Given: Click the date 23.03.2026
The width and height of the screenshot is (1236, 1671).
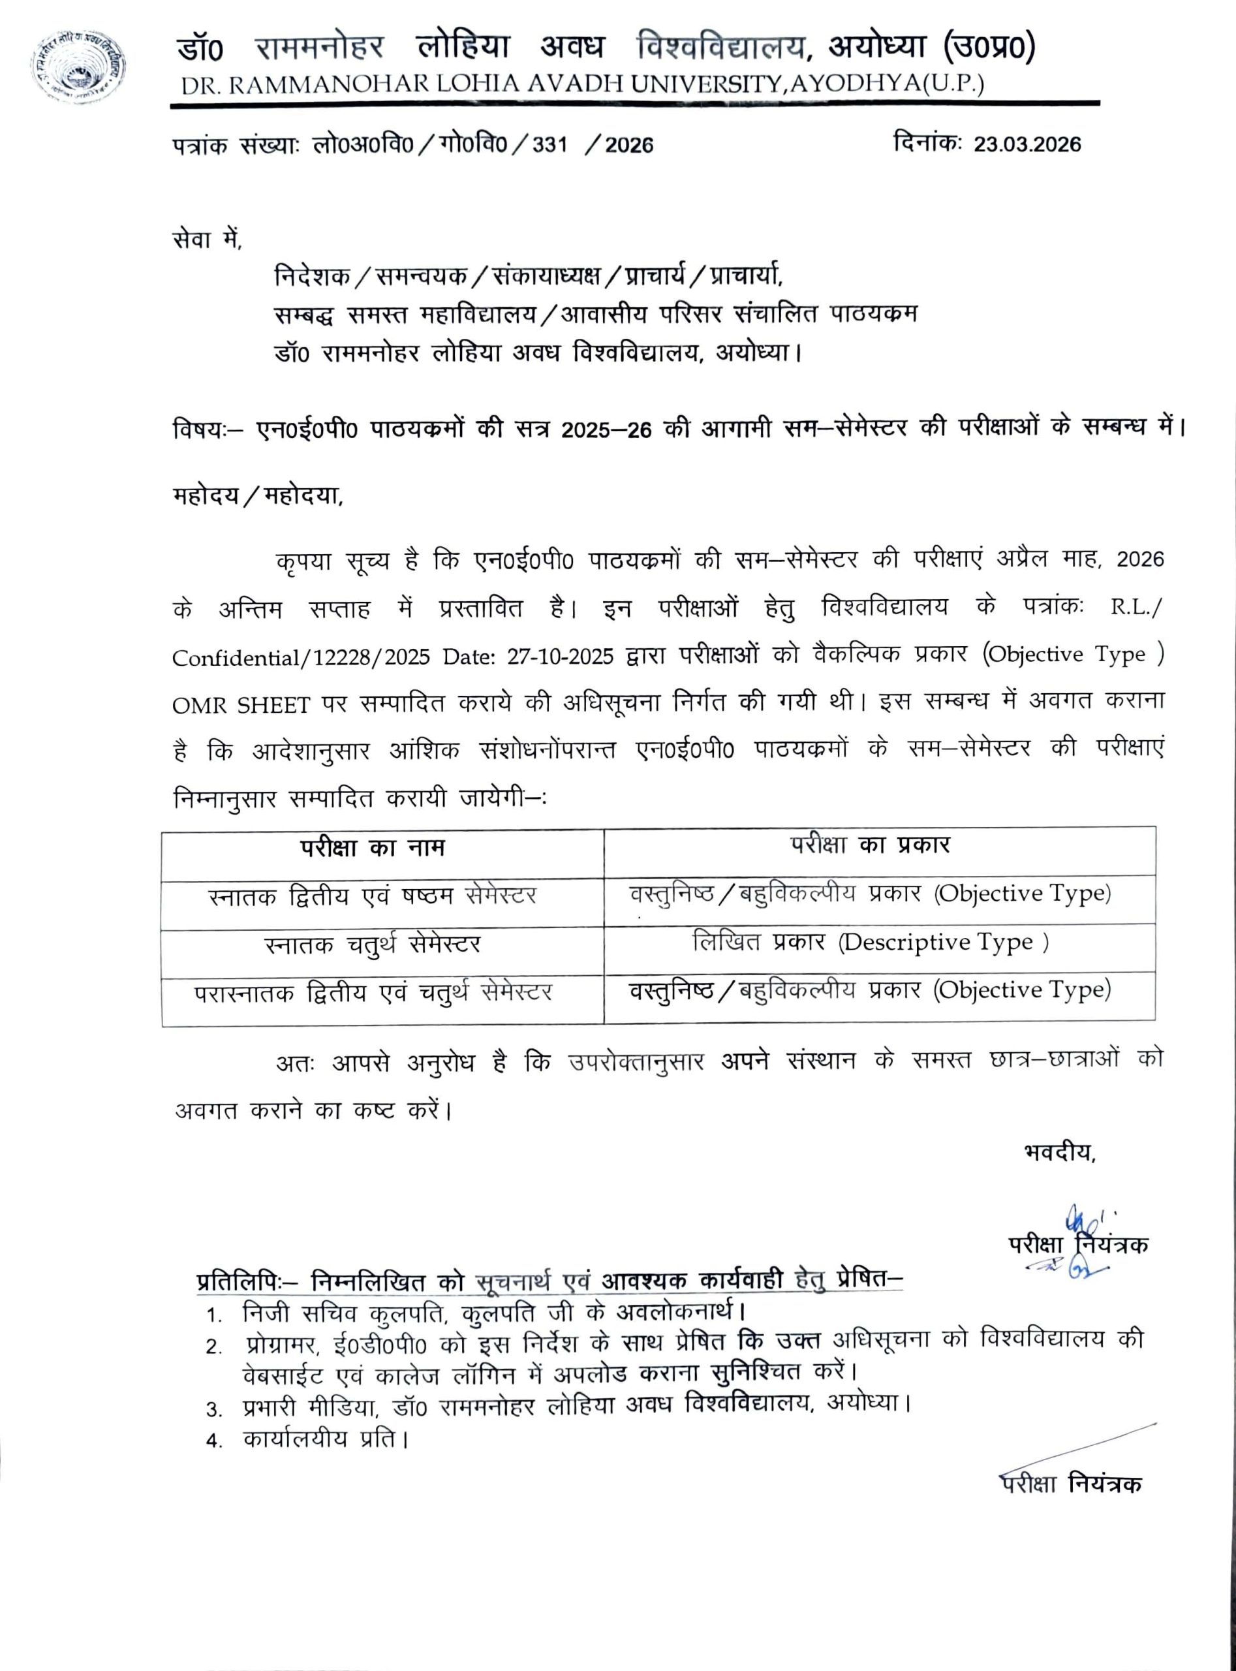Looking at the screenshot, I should click(1027, 144).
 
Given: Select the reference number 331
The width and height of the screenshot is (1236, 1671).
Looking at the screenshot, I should click(550, 144).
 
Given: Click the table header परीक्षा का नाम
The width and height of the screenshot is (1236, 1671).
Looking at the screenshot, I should click(373, 849).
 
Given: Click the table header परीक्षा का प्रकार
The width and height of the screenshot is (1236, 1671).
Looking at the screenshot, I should click(870, 845).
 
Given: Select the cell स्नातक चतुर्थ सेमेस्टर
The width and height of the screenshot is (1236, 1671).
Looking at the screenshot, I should click(372, 945).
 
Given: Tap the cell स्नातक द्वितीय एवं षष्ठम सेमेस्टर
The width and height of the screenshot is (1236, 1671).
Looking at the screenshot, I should click(372, 896).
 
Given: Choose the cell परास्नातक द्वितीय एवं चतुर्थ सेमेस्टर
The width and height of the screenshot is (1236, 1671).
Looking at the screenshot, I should click(373, 993).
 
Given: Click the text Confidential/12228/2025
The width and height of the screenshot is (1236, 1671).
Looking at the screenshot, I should click(301, 658).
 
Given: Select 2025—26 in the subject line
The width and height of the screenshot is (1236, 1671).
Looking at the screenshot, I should click(607, 429).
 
